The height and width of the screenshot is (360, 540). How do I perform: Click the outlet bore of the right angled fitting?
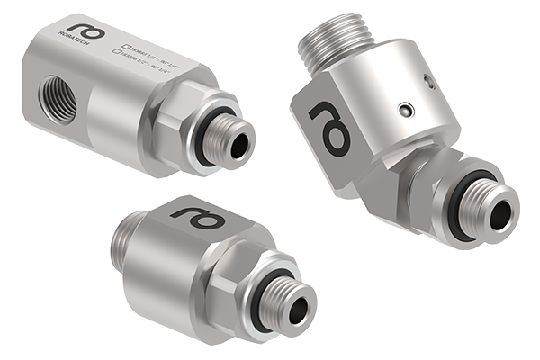499,212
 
